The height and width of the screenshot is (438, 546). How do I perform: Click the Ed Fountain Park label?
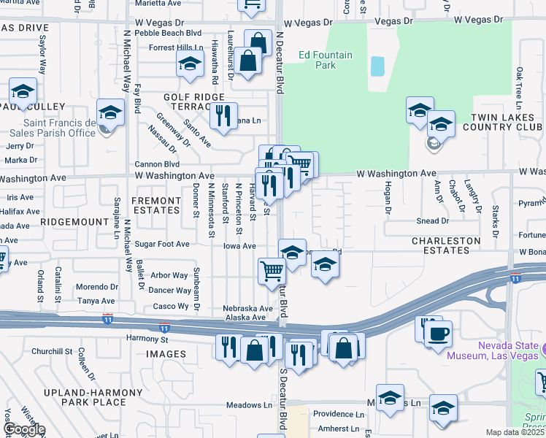317,60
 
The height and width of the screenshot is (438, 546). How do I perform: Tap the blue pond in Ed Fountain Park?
377,66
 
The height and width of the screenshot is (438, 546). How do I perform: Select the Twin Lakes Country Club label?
507,123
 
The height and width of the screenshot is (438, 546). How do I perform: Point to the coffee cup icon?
438,334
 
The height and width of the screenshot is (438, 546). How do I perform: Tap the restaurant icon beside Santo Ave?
223,115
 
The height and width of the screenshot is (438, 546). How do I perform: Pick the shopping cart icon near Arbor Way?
272,270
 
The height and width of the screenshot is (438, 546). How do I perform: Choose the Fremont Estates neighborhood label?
155,204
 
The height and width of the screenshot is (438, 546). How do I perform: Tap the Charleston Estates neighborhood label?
446,245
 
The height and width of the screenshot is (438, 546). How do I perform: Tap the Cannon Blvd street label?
156,164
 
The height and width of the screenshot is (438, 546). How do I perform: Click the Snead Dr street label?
432,220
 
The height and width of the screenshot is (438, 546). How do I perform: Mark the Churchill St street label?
64,351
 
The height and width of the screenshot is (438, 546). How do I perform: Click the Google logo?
23,429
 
